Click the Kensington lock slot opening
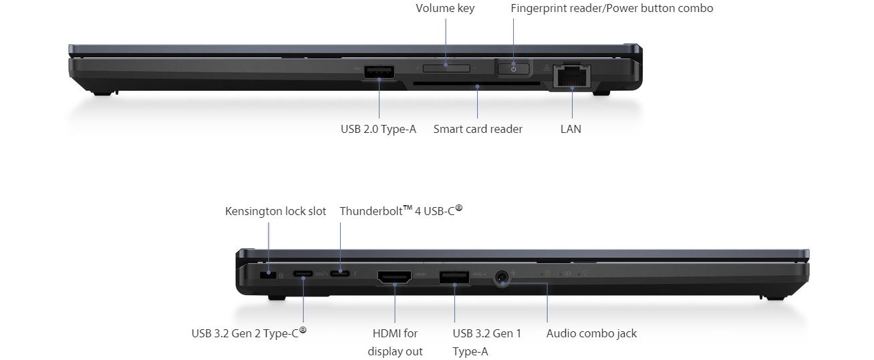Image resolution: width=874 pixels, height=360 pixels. [269, 274]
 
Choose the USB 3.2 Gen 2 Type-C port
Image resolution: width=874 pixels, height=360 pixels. [303, 273]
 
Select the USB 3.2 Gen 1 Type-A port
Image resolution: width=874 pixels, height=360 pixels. [454, 276]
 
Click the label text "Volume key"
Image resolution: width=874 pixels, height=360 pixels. [445, 9]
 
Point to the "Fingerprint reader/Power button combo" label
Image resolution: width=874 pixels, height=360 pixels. [611, 9]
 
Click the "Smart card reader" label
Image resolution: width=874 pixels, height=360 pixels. [478, 129]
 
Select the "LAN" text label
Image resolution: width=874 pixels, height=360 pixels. [571, 129]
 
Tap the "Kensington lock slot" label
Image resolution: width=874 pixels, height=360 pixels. [275, 211]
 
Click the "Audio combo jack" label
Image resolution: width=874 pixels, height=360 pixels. [591, 333]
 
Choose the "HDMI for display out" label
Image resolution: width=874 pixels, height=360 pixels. [395, 342]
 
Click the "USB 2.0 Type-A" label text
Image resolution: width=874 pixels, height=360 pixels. [378, 129]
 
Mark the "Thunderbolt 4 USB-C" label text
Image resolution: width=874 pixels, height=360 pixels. [401, 211]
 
